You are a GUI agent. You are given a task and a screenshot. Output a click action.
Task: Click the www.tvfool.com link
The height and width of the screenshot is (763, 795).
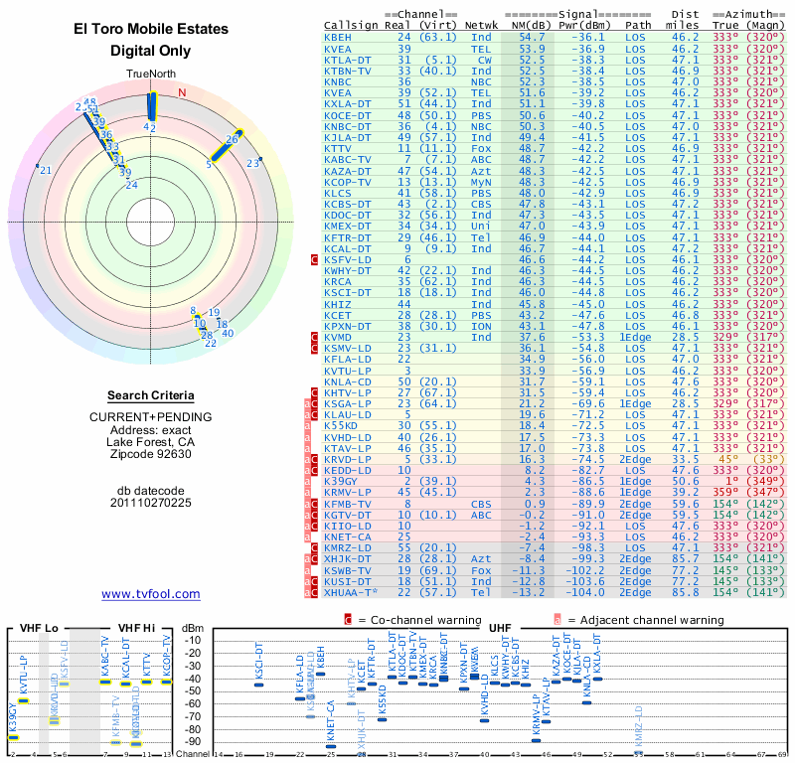point(151,594)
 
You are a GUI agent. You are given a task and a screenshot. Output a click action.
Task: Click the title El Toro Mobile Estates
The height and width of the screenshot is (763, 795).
point(151,29)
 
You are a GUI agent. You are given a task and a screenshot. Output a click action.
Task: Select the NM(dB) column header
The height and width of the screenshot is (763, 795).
point(532,24)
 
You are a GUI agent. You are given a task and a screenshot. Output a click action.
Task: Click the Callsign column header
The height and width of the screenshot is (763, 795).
point(351,24)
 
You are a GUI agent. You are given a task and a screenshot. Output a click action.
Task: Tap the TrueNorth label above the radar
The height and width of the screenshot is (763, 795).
point(150,75)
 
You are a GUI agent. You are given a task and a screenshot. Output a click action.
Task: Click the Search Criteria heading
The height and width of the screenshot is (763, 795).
point(151,395)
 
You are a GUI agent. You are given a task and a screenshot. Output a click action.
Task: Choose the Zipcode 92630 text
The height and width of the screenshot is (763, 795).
point(151,454)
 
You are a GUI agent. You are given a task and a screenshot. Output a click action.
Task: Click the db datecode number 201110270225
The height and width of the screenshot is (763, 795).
point(151,503)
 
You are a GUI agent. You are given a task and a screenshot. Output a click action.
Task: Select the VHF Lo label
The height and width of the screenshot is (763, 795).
point(38,628)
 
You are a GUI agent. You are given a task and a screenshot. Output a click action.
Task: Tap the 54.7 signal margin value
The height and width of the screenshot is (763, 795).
point(531,37)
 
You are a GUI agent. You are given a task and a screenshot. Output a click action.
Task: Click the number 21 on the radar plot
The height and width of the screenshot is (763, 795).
point(45,171)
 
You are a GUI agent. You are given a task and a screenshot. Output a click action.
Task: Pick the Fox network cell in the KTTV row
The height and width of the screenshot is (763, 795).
point(481,148)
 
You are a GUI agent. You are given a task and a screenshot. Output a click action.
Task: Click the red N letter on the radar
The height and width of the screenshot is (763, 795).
point(182,93)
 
